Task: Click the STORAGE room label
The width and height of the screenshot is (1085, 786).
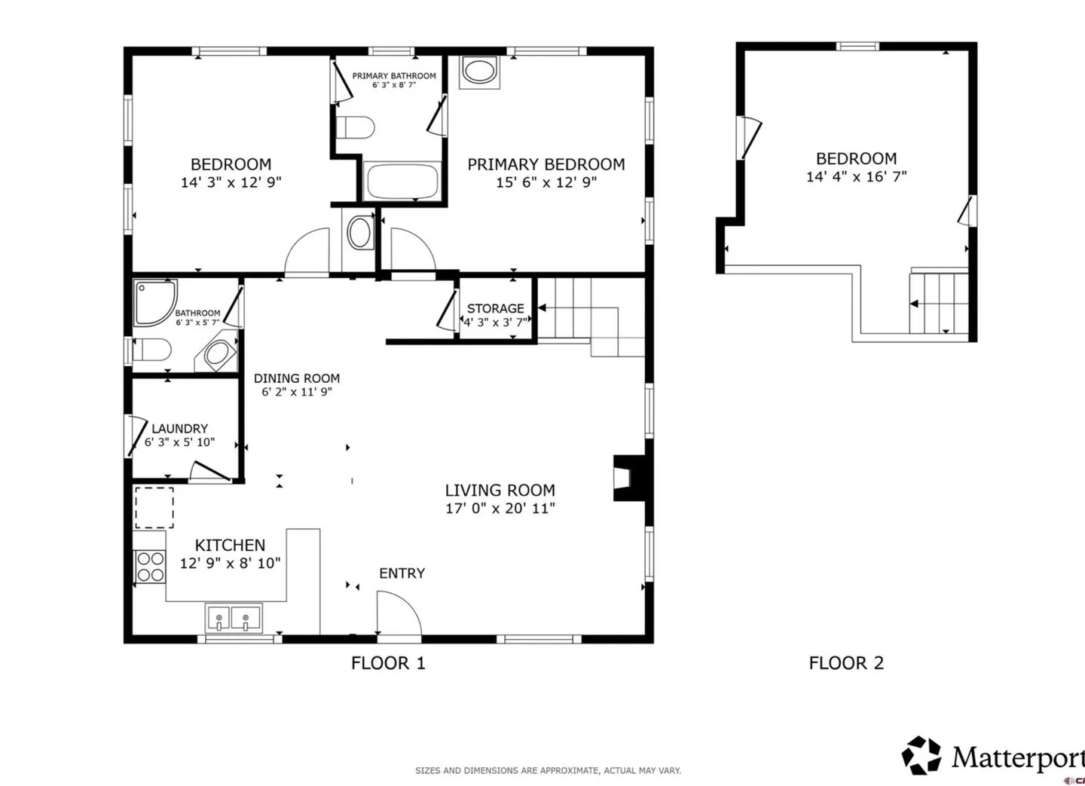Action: (x=495, y=309)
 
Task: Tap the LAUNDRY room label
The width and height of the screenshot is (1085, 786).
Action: (x=179, y=428)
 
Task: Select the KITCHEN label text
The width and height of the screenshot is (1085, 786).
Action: (x=230, y=546)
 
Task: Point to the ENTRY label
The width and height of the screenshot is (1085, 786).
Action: (x=402, y=573)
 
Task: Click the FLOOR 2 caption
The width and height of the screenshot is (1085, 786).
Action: (x=846, y=663)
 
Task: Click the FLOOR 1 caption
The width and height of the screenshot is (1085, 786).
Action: (x=388, y=663)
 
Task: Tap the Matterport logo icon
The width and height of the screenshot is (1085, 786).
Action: (x=921, y=755)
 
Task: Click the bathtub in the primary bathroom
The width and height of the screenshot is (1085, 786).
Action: (x=402, y=181)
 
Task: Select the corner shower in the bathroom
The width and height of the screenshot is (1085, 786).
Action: (x=155, y=303)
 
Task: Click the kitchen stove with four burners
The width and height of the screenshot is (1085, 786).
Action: (x=150, y=567)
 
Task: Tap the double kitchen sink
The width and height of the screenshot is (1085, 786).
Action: (x=233, y=619)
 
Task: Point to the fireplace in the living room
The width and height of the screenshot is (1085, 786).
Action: (x=629, y=478)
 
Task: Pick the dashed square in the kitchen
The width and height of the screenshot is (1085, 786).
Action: (x=154, y=507)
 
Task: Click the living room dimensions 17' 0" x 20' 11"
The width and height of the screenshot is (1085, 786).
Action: (x=500, y=509)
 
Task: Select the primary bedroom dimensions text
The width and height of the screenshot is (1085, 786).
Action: (x=546, y=182)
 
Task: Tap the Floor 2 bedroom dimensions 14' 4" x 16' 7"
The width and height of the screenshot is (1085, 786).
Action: (x=857, y=176)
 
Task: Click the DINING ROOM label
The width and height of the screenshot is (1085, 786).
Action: (x=297, y=378)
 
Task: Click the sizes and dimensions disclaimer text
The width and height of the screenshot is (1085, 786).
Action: (x=549, y=770)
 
